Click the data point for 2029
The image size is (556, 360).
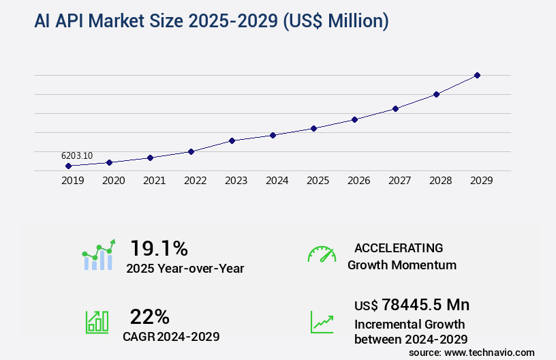coord(477,75)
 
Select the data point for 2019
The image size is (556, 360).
coord(68,166)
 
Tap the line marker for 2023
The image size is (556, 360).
coord(232,140)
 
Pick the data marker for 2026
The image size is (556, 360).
coord(354,119)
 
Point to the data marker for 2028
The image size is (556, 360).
coord(436,94)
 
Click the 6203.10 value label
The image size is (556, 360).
coord(77,155)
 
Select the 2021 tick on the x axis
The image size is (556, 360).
coord(154,181)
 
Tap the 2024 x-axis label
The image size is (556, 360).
coord(277,181)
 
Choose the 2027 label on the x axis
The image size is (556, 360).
coord(399,181)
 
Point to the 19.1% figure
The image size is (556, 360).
coord(159,247)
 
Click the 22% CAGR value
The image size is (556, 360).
coord(149,316)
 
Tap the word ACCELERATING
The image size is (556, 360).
coord(399,247)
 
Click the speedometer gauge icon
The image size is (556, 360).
coord(322,254)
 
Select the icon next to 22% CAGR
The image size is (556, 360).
coord(97,322)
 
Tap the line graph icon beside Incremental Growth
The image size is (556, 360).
coord(322,322)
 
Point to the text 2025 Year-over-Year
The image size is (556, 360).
coord(185,269)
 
